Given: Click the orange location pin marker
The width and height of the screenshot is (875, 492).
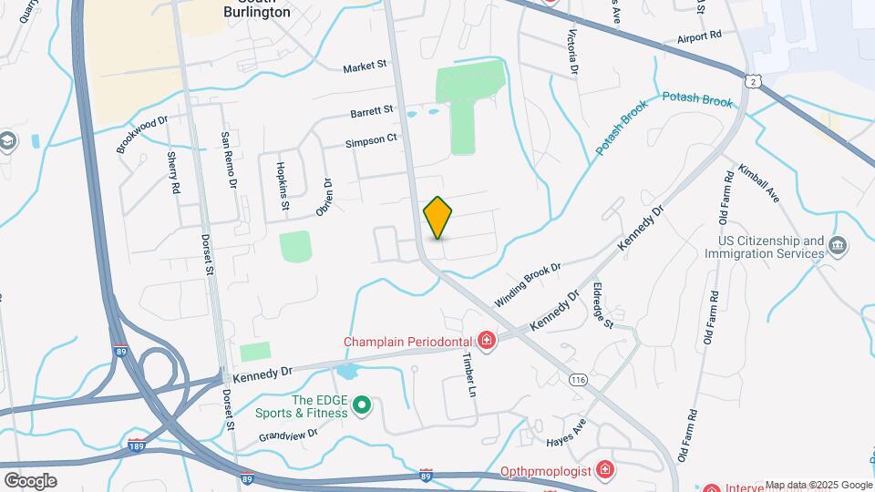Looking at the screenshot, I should point(438,217).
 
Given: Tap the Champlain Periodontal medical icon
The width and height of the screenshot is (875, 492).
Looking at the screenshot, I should point(487,342).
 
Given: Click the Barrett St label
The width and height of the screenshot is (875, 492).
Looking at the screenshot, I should point(372,111).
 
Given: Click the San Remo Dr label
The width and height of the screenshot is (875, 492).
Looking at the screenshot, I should point(230,160).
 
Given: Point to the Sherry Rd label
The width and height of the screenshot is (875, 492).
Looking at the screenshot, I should point(172,173).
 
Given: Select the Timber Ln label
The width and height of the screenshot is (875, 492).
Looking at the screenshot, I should point(469,374).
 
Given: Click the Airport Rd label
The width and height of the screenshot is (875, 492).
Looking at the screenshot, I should point(699,36).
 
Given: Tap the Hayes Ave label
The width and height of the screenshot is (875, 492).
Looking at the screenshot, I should point(565,433).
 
